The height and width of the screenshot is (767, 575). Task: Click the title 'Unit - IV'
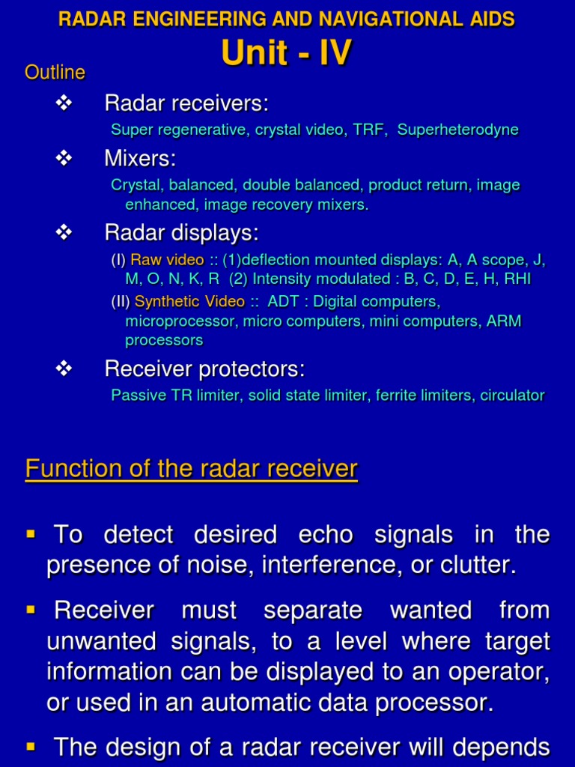point(287,53)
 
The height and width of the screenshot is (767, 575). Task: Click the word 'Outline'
point(55,73)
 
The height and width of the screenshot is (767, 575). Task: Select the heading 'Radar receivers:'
point(186,103)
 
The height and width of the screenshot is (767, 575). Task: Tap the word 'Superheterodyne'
point(457,130)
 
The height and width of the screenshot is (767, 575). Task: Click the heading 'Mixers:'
point(140,158)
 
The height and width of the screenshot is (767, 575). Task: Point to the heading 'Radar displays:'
point(181,233)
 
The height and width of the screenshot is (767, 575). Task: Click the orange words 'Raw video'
point(167,260)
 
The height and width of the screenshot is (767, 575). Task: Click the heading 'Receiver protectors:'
point(204,369)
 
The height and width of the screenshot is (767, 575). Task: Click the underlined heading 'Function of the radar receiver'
point(192,470)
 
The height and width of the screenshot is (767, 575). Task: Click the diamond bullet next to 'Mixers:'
point(64,158)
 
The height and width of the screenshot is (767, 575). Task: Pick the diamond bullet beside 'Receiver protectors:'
point(64,369)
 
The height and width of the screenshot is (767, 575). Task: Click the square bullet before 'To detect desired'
point(31,534)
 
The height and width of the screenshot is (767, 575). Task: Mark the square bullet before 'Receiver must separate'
point(31,610)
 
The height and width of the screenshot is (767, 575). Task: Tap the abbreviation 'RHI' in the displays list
point(517,279)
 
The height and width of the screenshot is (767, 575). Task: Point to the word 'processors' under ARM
point(164,340)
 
